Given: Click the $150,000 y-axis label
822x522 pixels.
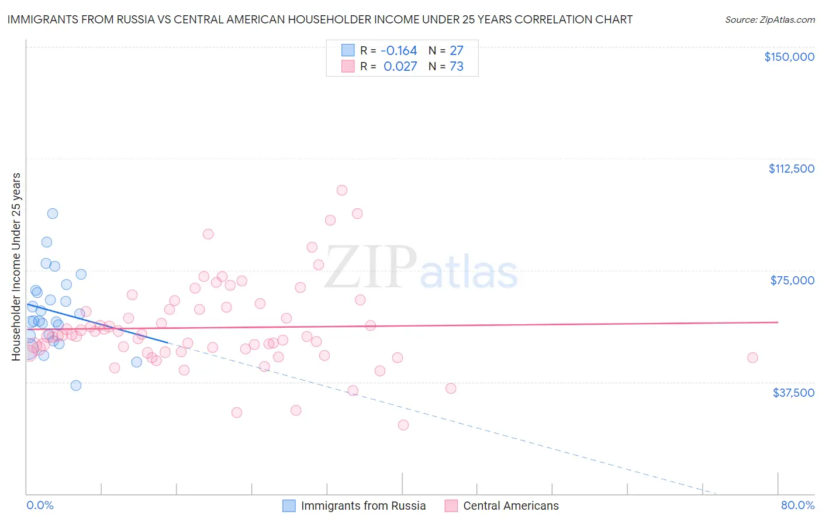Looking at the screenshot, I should tap(789, 57).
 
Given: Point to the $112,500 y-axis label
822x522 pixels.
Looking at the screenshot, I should tap(791, 169).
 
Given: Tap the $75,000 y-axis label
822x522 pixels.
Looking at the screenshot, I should tap(792, 280).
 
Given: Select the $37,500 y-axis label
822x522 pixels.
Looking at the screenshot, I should tap(793, 393).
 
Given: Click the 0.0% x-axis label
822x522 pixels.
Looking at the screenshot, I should tap(40, 506).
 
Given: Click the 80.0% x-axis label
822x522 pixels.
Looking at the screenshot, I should tap(797, 506).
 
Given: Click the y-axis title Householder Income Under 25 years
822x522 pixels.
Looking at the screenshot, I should tap(16, 267).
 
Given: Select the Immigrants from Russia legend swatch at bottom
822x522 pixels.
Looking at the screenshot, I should tap(289, 506).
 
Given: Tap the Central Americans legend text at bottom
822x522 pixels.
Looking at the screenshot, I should tap(510, 506).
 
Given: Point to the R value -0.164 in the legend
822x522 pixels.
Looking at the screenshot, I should tap(400, 51).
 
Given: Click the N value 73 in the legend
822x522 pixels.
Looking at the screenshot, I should tap(456, 67).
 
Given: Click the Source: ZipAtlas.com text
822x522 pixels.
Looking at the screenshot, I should tap(769, 20).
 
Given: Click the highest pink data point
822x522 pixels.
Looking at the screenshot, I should tap(342, 190).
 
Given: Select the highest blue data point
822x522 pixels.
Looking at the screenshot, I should tap(53, 214).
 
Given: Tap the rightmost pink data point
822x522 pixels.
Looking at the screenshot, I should tap(752, 358).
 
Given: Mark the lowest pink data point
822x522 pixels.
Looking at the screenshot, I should tap(403, 425).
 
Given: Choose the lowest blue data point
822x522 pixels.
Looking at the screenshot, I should tap(76, 385).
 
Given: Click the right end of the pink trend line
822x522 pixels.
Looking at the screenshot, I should tap(778, 322).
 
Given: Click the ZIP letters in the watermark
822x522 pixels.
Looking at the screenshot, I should tap(370, 267).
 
